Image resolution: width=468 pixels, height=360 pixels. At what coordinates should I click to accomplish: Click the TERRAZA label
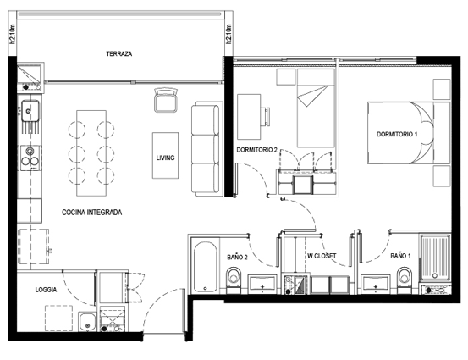click(x=118, y=53)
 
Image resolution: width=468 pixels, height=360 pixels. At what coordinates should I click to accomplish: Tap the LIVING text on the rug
click(x=165, y=158)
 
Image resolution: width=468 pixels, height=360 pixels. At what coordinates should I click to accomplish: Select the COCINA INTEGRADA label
click(x=91, y=213)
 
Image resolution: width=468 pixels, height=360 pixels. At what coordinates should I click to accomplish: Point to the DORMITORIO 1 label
click(x=397, y=134)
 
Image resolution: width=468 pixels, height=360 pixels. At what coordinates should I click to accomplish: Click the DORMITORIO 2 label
click(x=256, y=150)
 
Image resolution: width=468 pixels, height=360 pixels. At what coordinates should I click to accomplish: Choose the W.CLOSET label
click(x=322, y=256)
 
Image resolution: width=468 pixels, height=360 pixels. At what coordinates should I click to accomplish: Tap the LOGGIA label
click(x=46, y=290)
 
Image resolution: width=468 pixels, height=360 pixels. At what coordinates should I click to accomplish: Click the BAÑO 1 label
click(x=400, y=256)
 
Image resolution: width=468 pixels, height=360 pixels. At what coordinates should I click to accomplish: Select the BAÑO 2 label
click(x=237, y=257)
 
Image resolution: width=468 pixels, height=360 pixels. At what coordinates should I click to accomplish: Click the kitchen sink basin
click(x=30, y=110)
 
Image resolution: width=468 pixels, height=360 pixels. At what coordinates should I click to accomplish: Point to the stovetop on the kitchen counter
click(x=30, y=158)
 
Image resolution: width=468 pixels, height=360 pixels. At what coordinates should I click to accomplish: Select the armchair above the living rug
click(x=166, y=100)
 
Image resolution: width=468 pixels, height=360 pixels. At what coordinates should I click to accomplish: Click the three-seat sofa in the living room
click(x=206, y=149)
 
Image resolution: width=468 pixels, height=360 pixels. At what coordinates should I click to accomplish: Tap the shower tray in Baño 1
click(x=435, y=258)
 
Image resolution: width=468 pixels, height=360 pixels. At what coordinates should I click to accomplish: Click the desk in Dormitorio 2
click(x=249, y=117)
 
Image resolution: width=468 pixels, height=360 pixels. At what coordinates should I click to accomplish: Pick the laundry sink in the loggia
click(x=87, y=322)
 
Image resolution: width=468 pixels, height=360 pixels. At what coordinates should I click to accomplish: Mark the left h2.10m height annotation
click(x=13, y=34)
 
